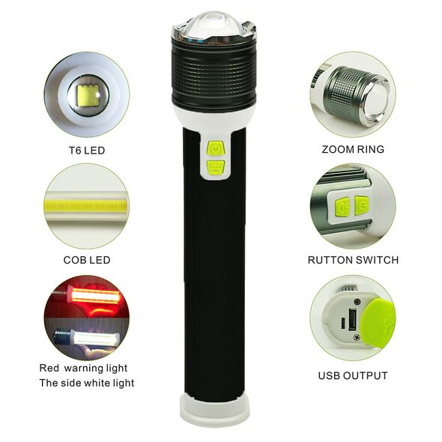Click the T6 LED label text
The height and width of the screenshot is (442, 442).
87,151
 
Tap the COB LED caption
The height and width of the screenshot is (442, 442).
87,260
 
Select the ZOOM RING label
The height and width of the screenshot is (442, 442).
353,149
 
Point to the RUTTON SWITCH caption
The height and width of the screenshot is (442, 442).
353,260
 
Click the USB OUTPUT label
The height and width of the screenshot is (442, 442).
353,375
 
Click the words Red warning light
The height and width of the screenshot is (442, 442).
83,368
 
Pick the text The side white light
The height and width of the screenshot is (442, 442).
87,383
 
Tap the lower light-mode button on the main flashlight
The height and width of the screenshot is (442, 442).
215,167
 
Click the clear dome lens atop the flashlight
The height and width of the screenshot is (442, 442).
215,28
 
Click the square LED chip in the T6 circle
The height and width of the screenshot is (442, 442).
88,96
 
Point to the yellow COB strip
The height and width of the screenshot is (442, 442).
86,206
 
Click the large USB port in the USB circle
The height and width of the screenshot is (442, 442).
352,319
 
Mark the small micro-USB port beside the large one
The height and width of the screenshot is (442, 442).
343,323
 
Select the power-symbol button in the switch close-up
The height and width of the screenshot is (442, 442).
362,206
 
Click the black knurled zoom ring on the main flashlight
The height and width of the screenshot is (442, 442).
214,74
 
